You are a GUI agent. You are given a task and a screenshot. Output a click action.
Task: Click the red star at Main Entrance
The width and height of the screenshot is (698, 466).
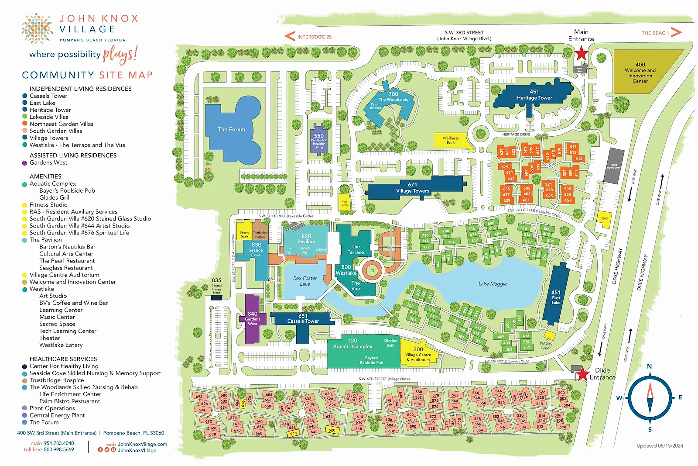pos(581,54)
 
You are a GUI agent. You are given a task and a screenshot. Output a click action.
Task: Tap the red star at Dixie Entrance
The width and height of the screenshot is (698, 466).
pos(582,374)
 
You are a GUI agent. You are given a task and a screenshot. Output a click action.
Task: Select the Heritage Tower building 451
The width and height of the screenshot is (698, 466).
pos(534,95)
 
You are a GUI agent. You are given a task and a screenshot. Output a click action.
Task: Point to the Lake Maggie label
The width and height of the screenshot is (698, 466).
pos(493,284)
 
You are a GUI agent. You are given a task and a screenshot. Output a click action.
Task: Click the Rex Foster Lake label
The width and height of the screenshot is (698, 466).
pos(305,281)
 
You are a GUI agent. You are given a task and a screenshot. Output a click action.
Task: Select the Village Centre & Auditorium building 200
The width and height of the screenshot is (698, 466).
pos(417,353)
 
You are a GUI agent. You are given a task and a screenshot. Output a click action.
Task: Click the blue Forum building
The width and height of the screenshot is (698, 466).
pos(232,129)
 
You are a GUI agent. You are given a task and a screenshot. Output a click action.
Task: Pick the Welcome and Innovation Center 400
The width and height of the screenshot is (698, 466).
pos(640,72)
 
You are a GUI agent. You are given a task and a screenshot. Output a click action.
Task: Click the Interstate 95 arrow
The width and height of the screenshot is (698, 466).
pos(290,37)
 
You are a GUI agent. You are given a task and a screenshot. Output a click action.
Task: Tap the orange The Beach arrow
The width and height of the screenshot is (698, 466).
pos(676,32)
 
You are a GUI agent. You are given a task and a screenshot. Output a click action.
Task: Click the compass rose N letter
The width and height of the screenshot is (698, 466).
pos(649,367)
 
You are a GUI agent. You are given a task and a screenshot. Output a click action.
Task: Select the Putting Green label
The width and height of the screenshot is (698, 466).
pos(546,345)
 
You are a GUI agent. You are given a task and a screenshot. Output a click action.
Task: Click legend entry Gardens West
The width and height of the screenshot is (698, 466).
pos(48,162)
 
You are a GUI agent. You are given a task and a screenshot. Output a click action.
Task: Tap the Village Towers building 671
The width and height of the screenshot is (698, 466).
pos(412,188)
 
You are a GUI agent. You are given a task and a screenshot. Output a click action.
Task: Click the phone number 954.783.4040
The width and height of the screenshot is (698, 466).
pos(59,443)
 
